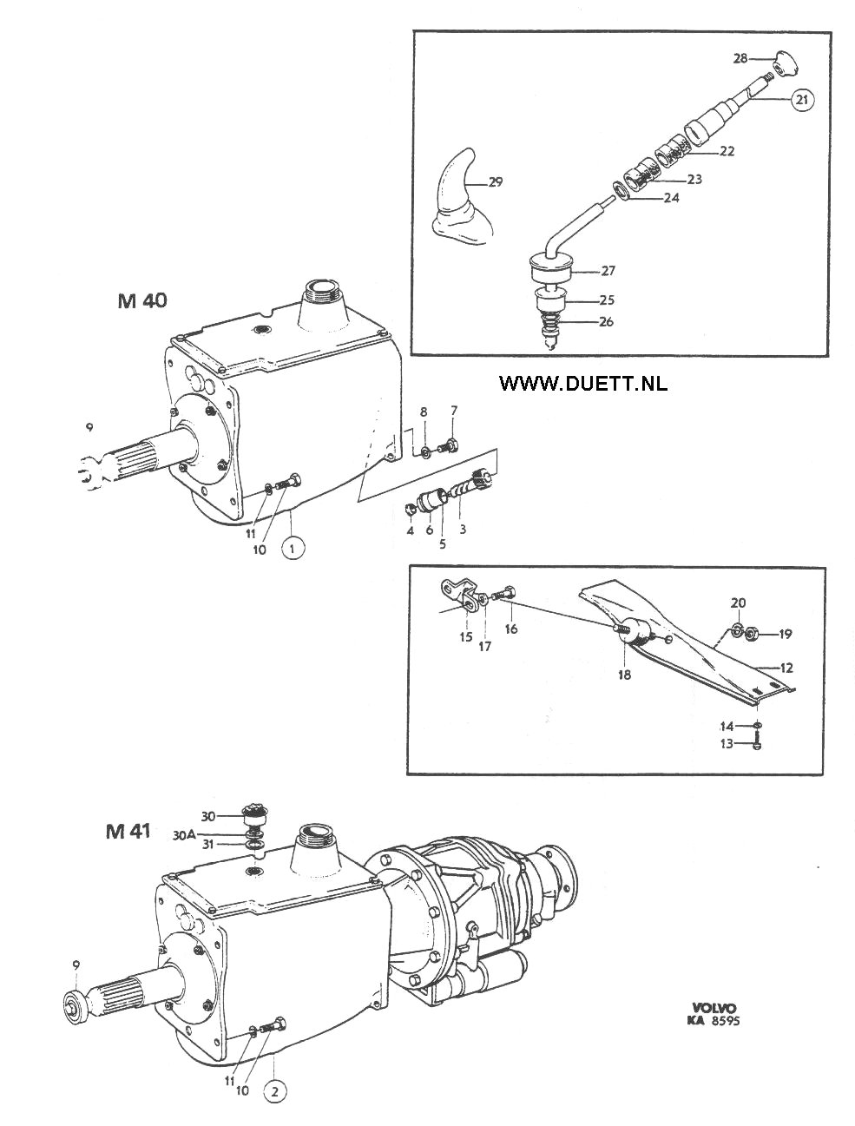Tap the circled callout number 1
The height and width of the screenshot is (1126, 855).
(293, 549)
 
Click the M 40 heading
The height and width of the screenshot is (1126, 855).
(142, 301)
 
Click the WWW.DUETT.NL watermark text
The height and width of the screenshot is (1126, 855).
(583, 382)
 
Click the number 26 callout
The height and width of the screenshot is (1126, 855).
(606, 323)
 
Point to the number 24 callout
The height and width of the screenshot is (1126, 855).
(671, 198)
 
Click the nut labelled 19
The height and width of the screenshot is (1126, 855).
(752, 634)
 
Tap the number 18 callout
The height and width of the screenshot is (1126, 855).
(624, 675)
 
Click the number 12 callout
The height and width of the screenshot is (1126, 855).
(786, 668)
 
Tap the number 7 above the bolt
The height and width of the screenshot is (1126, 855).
(453, 411)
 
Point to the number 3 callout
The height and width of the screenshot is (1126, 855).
(462, 529)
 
